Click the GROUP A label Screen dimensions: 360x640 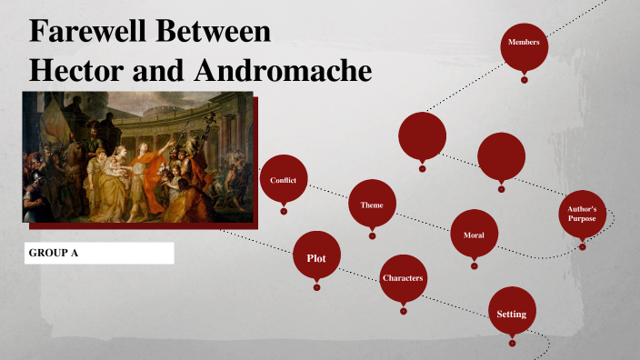pyautogui.click(x=53, y=253)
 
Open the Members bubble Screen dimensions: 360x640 pyautogui.click(x=524, y=43)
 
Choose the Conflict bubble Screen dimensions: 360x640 pyautogui.click(x=284, y=179)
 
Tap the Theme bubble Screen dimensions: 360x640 pyautogui.click(x=372, y=205)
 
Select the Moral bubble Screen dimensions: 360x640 pyautogui.click(x=474, y=235)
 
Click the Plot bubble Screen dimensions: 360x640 pyautogui.click(x=316, y=258)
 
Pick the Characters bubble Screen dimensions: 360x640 pyautogui.click(x=403, y=277)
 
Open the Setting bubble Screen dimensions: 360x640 pyautogui.click(x=512, y=314)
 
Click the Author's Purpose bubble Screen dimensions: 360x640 pyautogui.click(x=582, y=215)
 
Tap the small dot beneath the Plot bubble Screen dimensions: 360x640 pyautogui.click(x=316, y=287)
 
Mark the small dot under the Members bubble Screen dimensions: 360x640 pyautogui.click(x=524, y=79)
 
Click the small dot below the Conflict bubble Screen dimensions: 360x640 pyautogui.click(x=284, y=211)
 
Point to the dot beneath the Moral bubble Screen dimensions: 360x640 pyautogui.click(x=474, y=266)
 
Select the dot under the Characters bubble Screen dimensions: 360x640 pyautogui.click(x=403, y=310)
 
